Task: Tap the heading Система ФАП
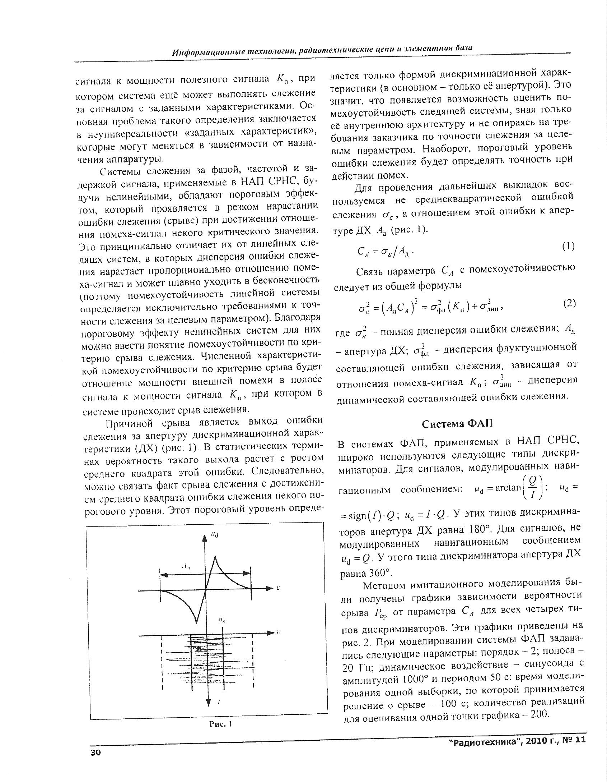click(457, 424)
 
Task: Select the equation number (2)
click(569, 304)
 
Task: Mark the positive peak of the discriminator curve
click(215, 557)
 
